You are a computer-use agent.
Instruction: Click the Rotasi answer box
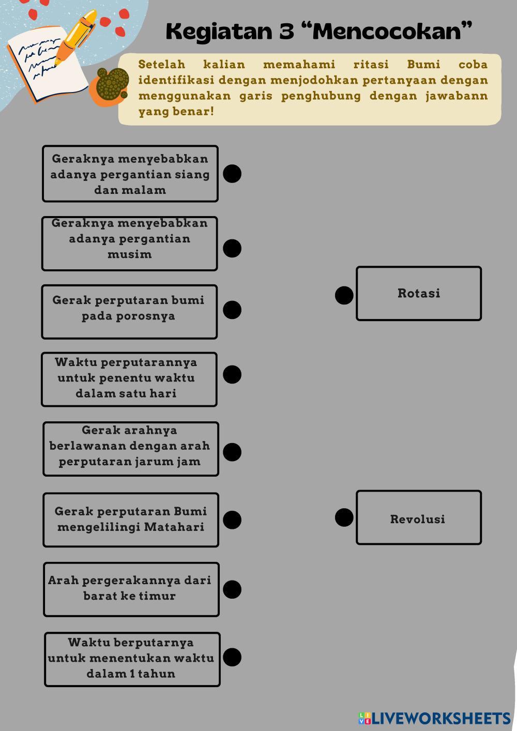pos(419,293)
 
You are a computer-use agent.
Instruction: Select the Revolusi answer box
pos(419,517)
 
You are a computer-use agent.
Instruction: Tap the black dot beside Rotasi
pos(344,295)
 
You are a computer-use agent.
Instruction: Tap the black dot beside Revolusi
pos(344,517)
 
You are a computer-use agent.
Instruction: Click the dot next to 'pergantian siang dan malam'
pos(232,174)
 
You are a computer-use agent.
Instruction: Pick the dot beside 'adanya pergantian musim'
pos(232,248)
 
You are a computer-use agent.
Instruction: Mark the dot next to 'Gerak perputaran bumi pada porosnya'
pos(232,310)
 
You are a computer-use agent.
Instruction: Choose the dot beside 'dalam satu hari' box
pos(232,374)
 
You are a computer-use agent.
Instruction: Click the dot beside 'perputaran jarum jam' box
pos(232,452)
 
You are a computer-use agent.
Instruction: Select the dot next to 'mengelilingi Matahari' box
pos(232,520)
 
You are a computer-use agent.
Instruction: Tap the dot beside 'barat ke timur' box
pos(232,589)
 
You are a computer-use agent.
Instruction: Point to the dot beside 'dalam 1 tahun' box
pos(232,657)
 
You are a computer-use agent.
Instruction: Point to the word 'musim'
pos(129,254)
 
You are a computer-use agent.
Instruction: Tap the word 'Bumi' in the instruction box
pos(423,65)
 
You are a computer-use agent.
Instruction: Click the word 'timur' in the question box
pos(157,596)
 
